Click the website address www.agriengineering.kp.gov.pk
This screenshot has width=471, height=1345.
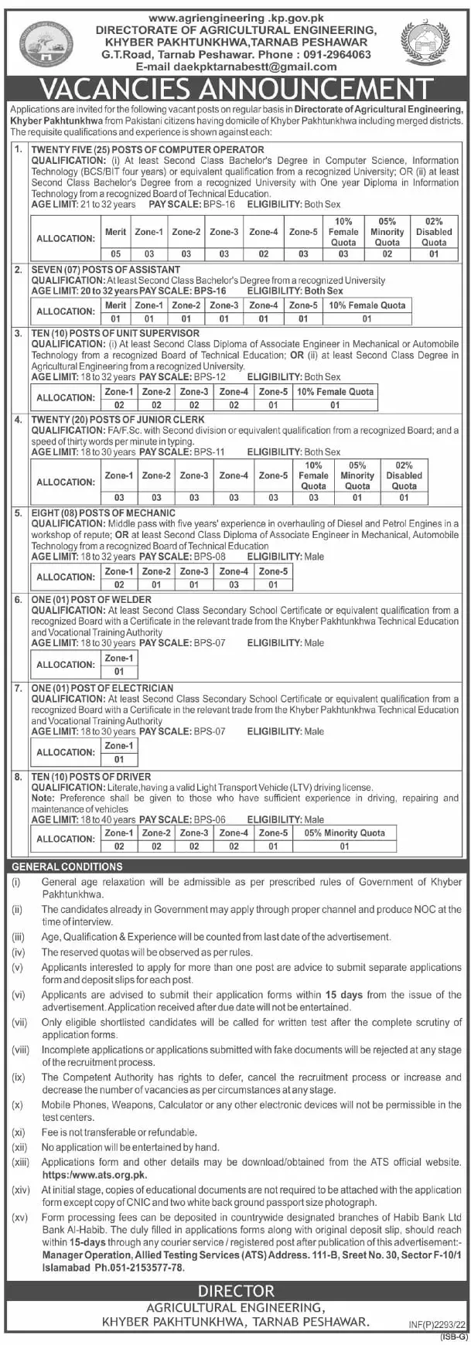click(x=235, y=18)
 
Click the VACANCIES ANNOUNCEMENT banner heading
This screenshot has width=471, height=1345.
click(x=235, y=88)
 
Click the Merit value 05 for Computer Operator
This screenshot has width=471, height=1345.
click(x=115, y=254)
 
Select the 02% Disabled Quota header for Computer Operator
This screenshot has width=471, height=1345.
click(x=434, y=231)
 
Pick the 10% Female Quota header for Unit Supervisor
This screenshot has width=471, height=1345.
click(x=335, y=392)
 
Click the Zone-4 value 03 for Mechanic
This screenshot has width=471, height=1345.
click(x=234, y=585)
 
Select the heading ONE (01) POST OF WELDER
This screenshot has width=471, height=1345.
click(x=91, y=599)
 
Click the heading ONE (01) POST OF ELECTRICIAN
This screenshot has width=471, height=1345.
click(x=102, y=687)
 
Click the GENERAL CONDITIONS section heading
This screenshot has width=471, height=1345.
click(x=67, y=867)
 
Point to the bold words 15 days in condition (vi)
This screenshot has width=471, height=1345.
click(x=340, y=995)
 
